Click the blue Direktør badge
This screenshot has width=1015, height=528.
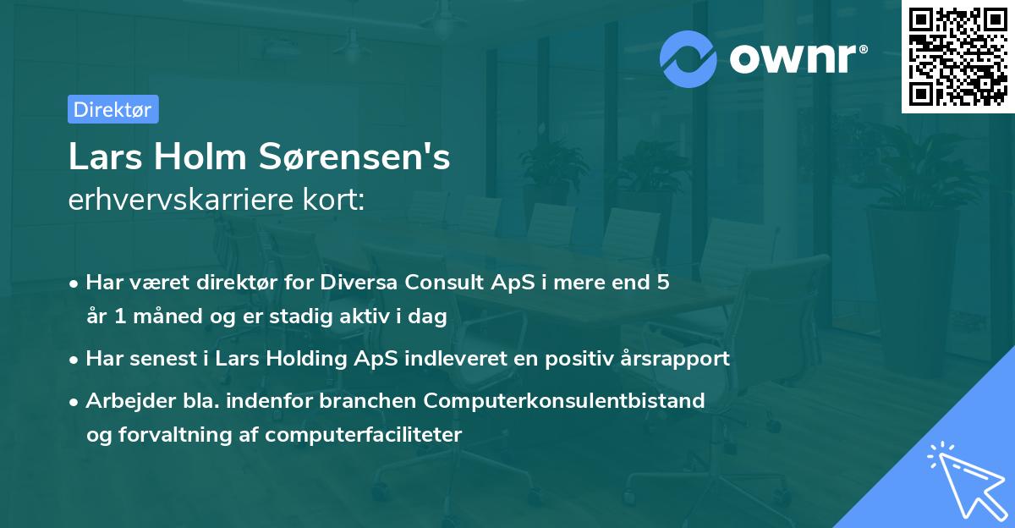pyautogui.click(x=112, y=109)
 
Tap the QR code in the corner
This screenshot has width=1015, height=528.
pyautogui.click(x=957, y=57)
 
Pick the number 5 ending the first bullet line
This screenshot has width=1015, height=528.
pyautogui.click(x=663, y=282)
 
